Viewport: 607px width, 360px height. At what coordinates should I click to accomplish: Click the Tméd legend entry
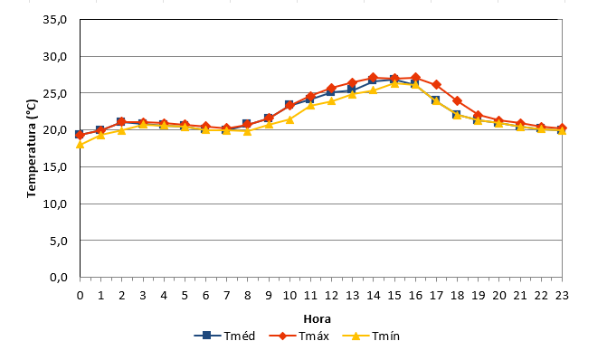click(x=224, y=336)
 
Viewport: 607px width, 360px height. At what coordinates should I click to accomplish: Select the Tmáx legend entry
click(x=299, y=336)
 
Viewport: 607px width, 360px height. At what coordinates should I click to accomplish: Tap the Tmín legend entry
click(x=371, y=336)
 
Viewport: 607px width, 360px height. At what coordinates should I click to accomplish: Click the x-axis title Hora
click(x=317, y=319)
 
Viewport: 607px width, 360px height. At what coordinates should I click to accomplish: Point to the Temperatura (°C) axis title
click(x=32, y=148)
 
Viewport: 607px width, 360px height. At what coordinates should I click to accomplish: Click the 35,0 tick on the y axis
click(x=55, y=19)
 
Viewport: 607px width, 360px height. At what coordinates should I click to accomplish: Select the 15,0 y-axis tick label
click(x=55, y=166)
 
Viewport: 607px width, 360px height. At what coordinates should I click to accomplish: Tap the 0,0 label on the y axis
click(x=59, y=277)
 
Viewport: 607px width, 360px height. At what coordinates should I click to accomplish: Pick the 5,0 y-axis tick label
click(x=59, y=241)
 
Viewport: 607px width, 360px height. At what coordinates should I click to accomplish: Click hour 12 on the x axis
click(x=331, y=296)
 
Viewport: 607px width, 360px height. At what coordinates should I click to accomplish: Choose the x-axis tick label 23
click(x=562, y=296)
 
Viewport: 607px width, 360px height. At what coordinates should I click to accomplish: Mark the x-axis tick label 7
click(x=226, y=296)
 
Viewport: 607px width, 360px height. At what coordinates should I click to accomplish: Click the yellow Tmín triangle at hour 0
click(x=81, y=145)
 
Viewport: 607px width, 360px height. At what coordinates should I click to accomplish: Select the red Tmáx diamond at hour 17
click(x=436, y=85)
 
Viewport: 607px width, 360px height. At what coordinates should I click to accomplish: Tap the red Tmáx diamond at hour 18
click(x=457, y=101)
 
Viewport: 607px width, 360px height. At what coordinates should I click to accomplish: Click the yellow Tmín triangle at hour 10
click(x=289, y=119)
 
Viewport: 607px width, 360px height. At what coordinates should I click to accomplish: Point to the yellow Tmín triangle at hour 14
click(x=374, y=90)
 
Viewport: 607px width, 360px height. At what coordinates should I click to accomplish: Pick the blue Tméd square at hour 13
click(x=352, y=90)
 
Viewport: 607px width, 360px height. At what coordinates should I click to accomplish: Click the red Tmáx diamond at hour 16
click(x=415, y=78)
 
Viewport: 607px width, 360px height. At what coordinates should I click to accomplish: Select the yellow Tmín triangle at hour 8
click(x=248, y=131)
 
